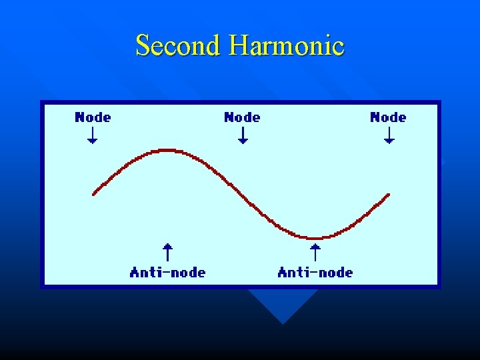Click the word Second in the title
177,45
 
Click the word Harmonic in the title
286,45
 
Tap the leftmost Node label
93,117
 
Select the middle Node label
242,117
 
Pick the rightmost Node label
388,117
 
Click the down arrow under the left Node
93,135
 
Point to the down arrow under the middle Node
243,135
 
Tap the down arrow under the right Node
389,135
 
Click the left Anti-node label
167,272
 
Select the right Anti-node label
315,272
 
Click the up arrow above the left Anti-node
168,252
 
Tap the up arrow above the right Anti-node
315,252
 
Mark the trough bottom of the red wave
315,238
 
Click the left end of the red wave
94,193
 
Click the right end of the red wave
388,195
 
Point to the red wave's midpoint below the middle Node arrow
243,194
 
